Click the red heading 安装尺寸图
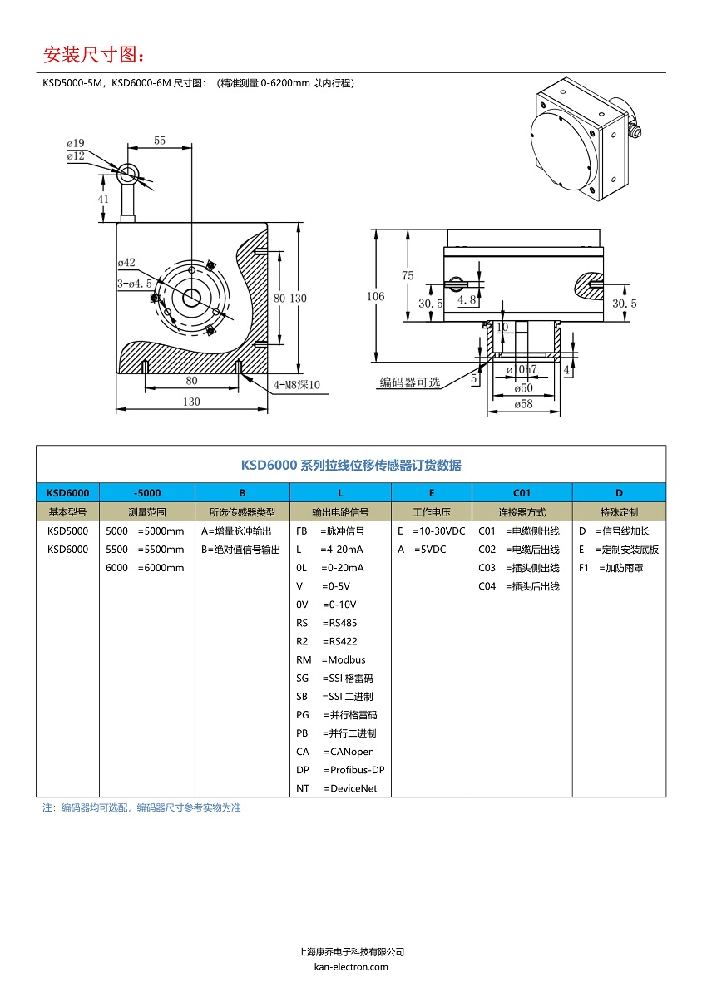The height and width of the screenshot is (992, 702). click(x=94, y=55)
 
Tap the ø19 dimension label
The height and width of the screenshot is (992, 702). click(x=76, y=143)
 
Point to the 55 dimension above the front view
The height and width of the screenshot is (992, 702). click(x=160, y=141)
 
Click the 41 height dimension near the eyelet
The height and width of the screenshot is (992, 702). click(x=103, y=199)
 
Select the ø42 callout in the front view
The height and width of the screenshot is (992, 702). click(x=126, y=263)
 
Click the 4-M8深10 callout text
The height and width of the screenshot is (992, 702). click(x=297, y=384)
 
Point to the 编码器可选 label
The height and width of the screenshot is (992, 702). click(x=410, y=382)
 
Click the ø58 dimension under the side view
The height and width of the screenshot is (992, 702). click(x=523, y=404)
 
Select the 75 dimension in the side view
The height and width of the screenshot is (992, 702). click(x=408, y=275)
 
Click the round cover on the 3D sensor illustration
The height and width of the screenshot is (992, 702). click(x=563, y=147)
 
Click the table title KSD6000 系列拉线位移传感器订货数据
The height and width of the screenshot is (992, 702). click(x=351, y=465)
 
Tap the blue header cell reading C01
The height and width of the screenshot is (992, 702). click(x=522, y=492)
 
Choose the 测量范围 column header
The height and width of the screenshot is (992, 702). click(x=147, y=512)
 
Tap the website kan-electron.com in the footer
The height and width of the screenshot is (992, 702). click(x=351, y=966)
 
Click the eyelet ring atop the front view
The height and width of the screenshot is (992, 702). click(x=129, y=174)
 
